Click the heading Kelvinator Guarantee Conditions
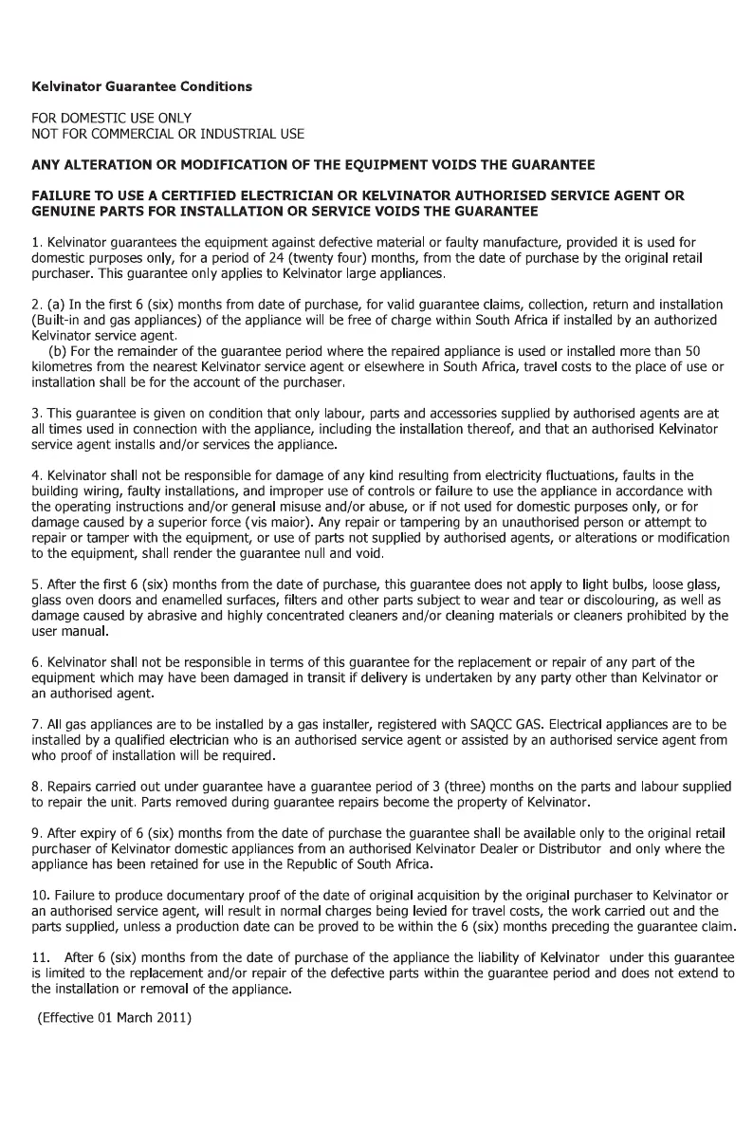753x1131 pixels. tap(142, 87)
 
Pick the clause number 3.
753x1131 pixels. tap(37, 415)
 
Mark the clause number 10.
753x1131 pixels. tap(41, 896)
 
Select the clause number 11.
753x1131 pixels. tap(41, 958)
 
